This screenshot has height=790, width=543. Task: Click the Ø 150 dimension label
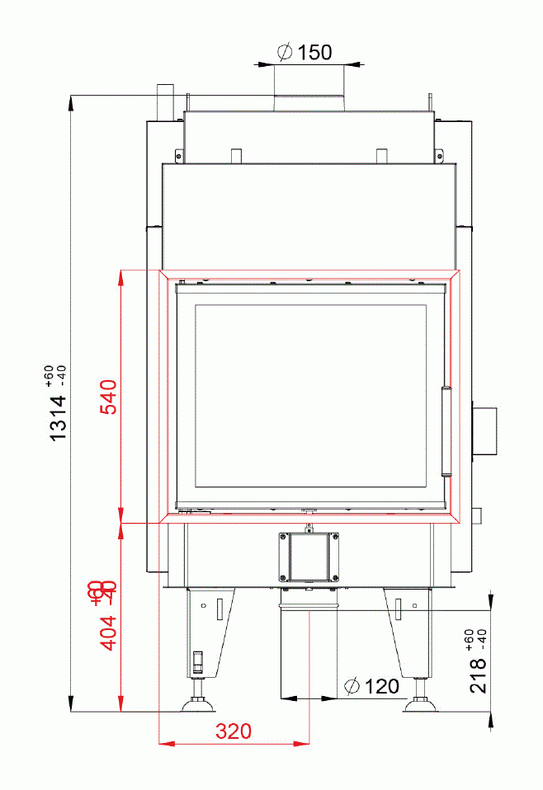305,53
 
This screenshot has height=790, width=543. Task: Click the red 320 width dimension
234,731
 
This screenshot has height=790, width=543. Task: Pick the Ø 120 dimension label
371,686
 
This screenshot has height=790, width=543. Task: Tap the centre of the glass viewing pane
310,396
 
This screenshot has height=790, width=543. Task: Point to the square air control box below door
309,556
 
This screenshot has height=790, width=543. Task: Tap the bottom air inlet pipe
309,647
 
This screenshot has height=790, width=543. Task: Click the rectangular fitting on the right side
484,430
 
